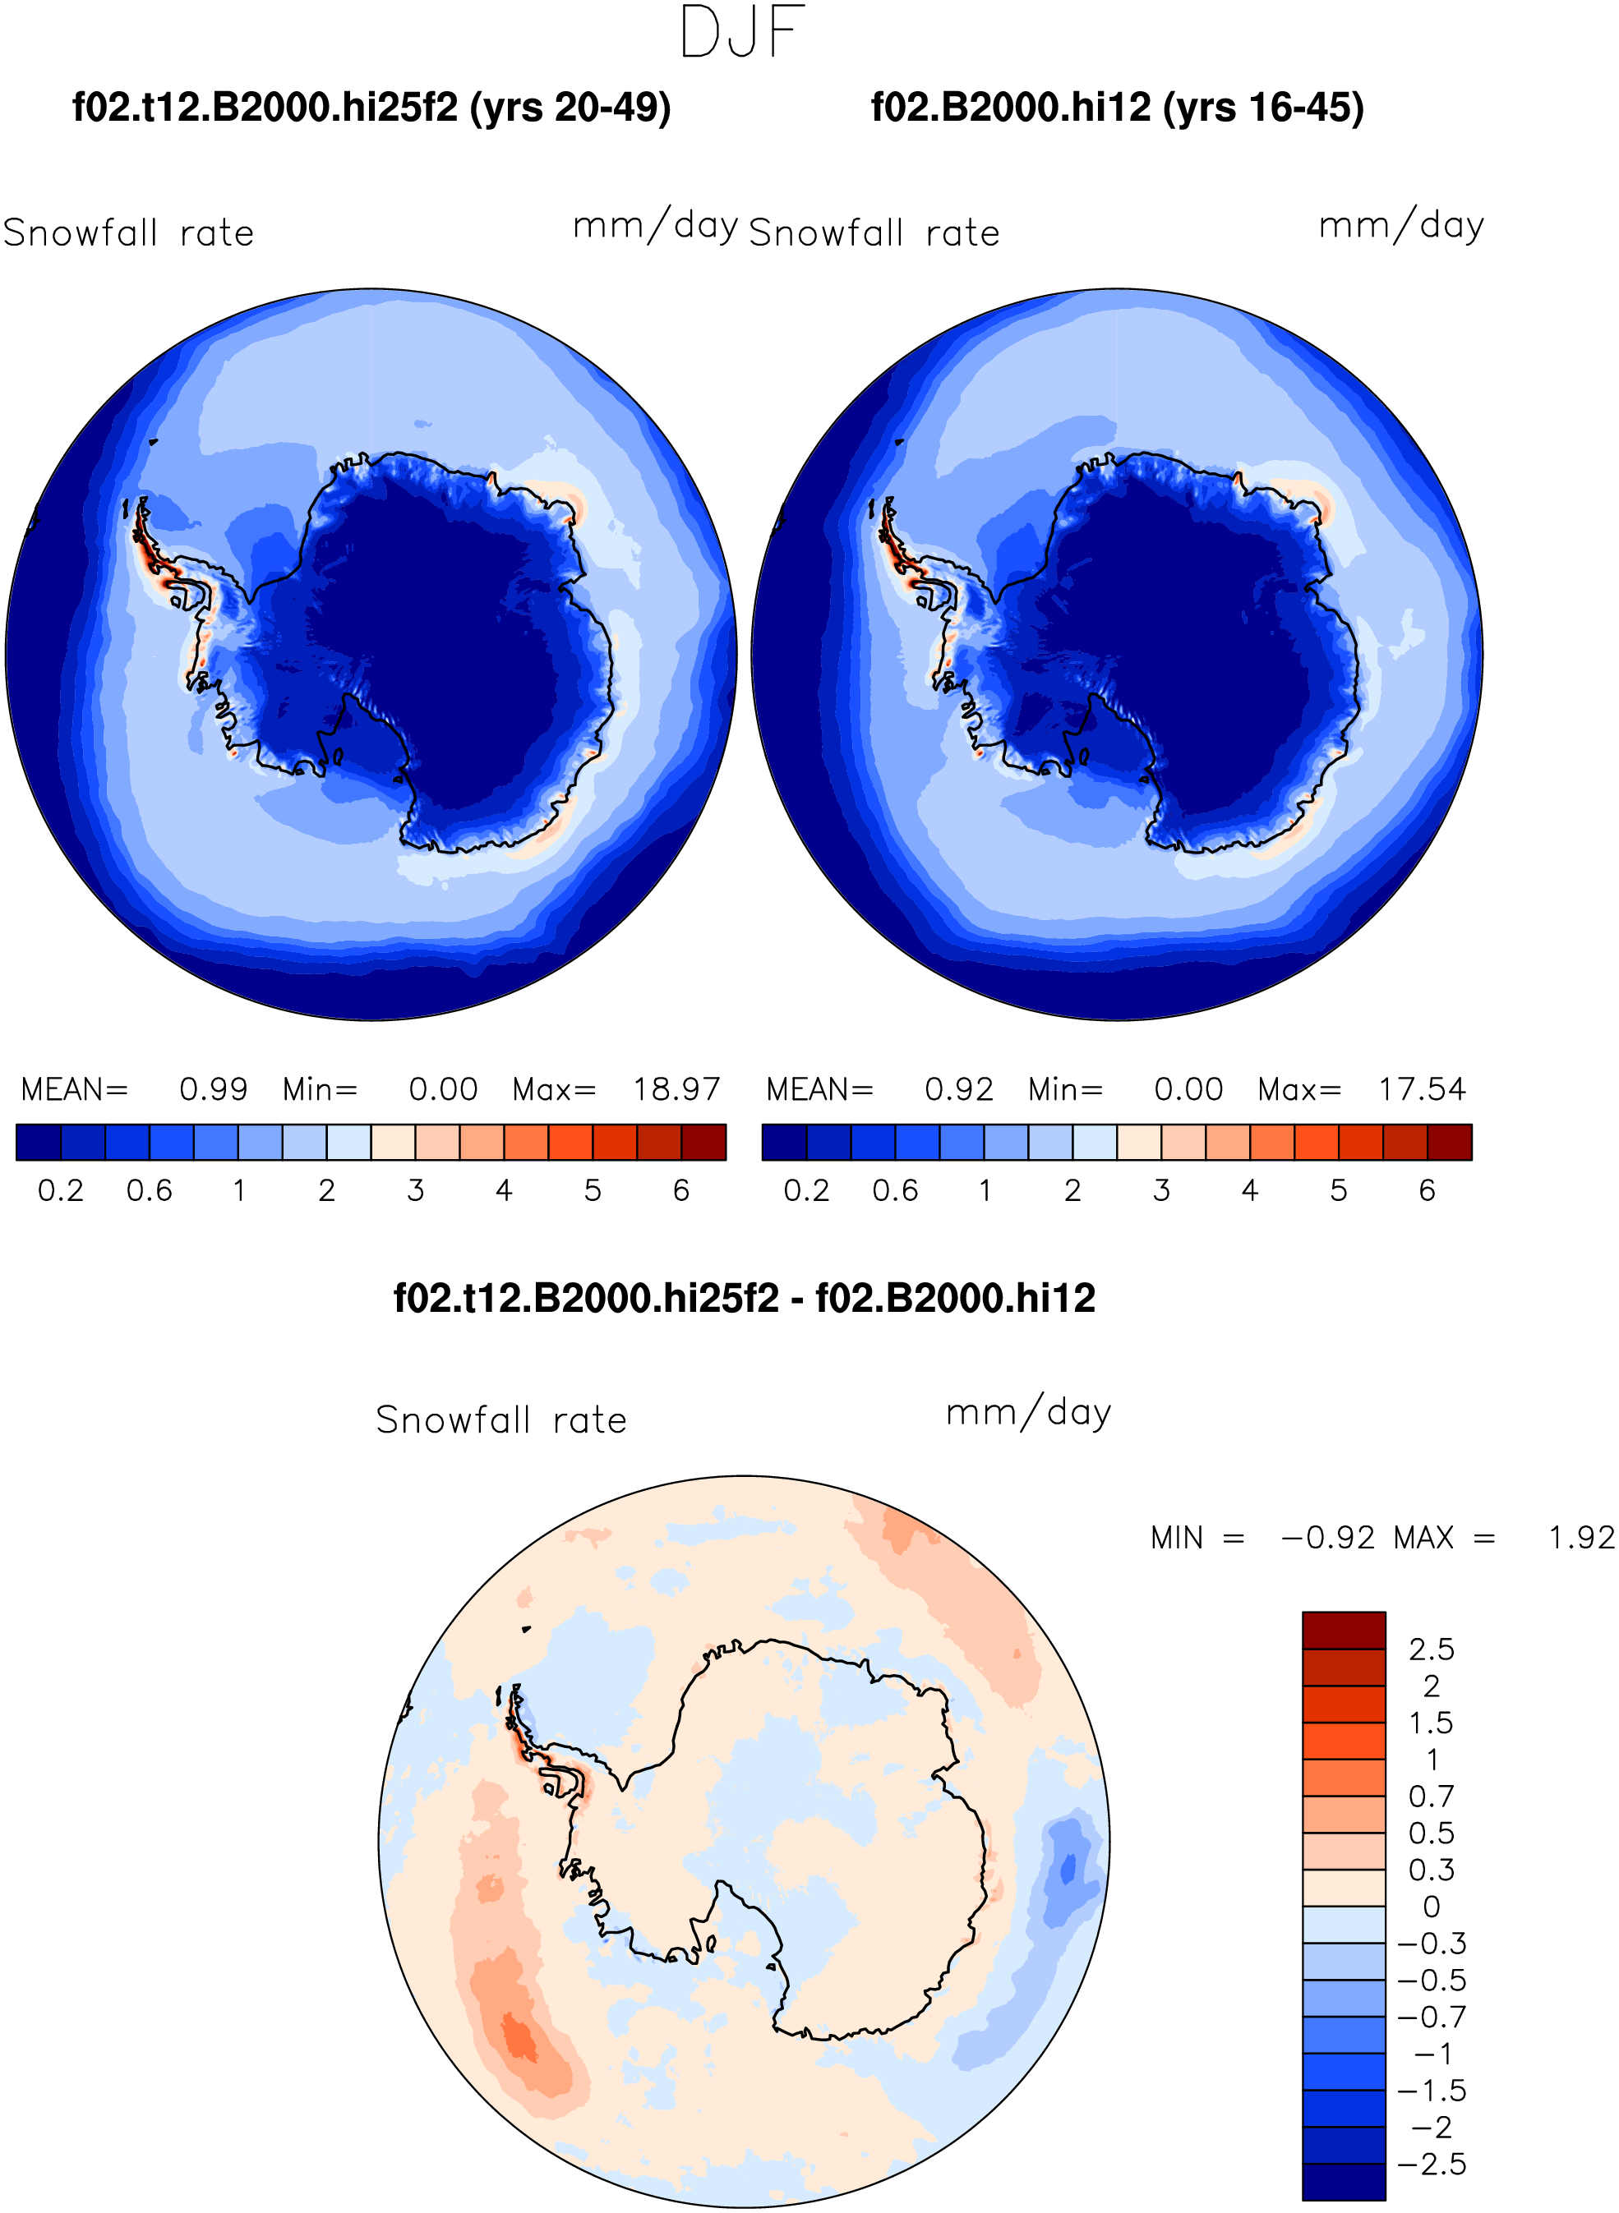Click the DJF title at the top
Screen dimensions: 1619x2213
click(x=743, y=31)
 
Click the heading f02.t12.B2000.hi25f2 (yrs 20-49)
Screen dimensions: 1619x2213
click(x=371, y=108)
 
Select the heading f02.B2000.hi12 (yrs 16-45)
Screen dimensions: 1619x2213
click(x=1117, y=108)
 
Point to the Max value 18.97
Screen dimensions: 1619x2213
click(x=676, y=1089)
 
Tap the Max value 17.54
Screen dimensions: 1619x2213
click(x=1422, y=1089)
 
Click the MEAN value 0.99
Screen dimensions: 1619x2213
click(x=214, y=1089)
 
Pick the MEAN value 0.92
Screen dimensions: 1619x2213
click(x=959, y=1089)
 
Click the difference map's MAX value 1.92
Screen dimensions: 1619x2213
click(x=1580, y=1538)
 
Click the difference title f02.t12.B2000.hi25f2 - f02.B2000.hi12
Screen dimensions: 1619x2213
click(x=744, y=1299)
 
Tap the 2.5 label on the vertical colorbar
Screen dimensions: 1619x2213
click(x=1431, y=1649)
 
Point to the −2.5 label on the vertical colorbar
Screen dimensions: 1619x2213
click(x=1432, y=2164)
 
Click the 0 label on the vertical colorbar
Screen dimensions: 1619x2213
click(x=1431, y=1907)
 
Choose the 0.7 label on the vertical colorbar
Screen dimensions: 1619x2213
click(x=1431, y=1797)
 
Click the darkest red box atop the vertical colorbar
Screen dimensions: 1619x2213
click(x=1344, y=1630)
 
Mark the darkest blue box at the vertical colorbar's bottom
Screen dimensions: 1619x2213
click(x=1344, y=2182)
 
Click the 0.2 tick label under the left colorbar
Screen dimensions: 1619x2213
click(x=61, y=1191)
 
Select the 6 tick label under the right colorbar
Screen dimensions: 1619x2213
click(x=1427, y=1191)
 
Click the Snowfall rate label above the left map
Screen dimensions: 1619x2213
click(x=128, y=233)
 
